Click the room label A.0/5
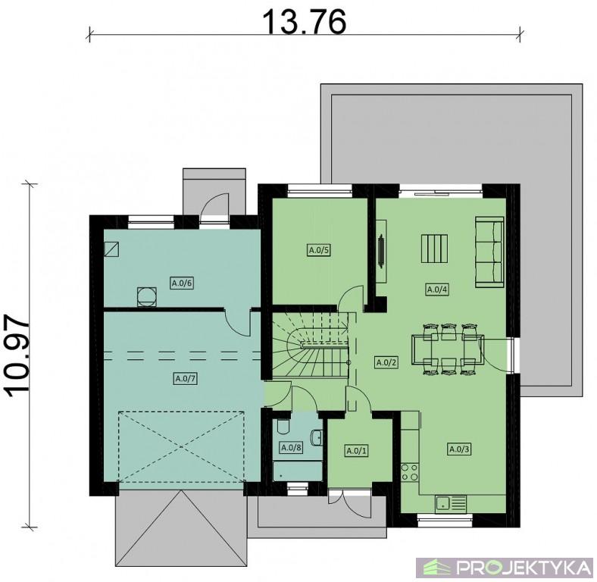tap(318, 250)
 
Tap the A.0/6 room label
tap(182, 283)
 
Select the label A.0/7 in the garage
tap(186, 379)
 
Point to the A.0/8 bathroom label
tap(292, 447)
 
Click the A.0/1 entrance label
tap(357, 451)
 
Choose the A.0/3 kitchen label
tap(459, 449)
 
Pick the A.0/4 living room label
tap(436, 289)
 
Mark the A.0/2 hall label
tap(386, 362)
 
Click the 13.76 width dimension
tap(305, 21)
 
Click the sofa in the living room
tap(489, 252)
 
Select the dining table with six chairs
tap(448, 349)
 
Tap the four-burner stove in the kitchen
tap(410, 471)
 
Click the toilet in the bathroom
tap(283, 427)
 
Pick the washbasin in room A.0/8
tap(317, 437)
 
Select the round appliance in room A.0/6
tap(146, 296)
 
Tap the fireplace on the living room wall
tap(381, 251)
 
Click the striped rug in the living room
tap(434, 249)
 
